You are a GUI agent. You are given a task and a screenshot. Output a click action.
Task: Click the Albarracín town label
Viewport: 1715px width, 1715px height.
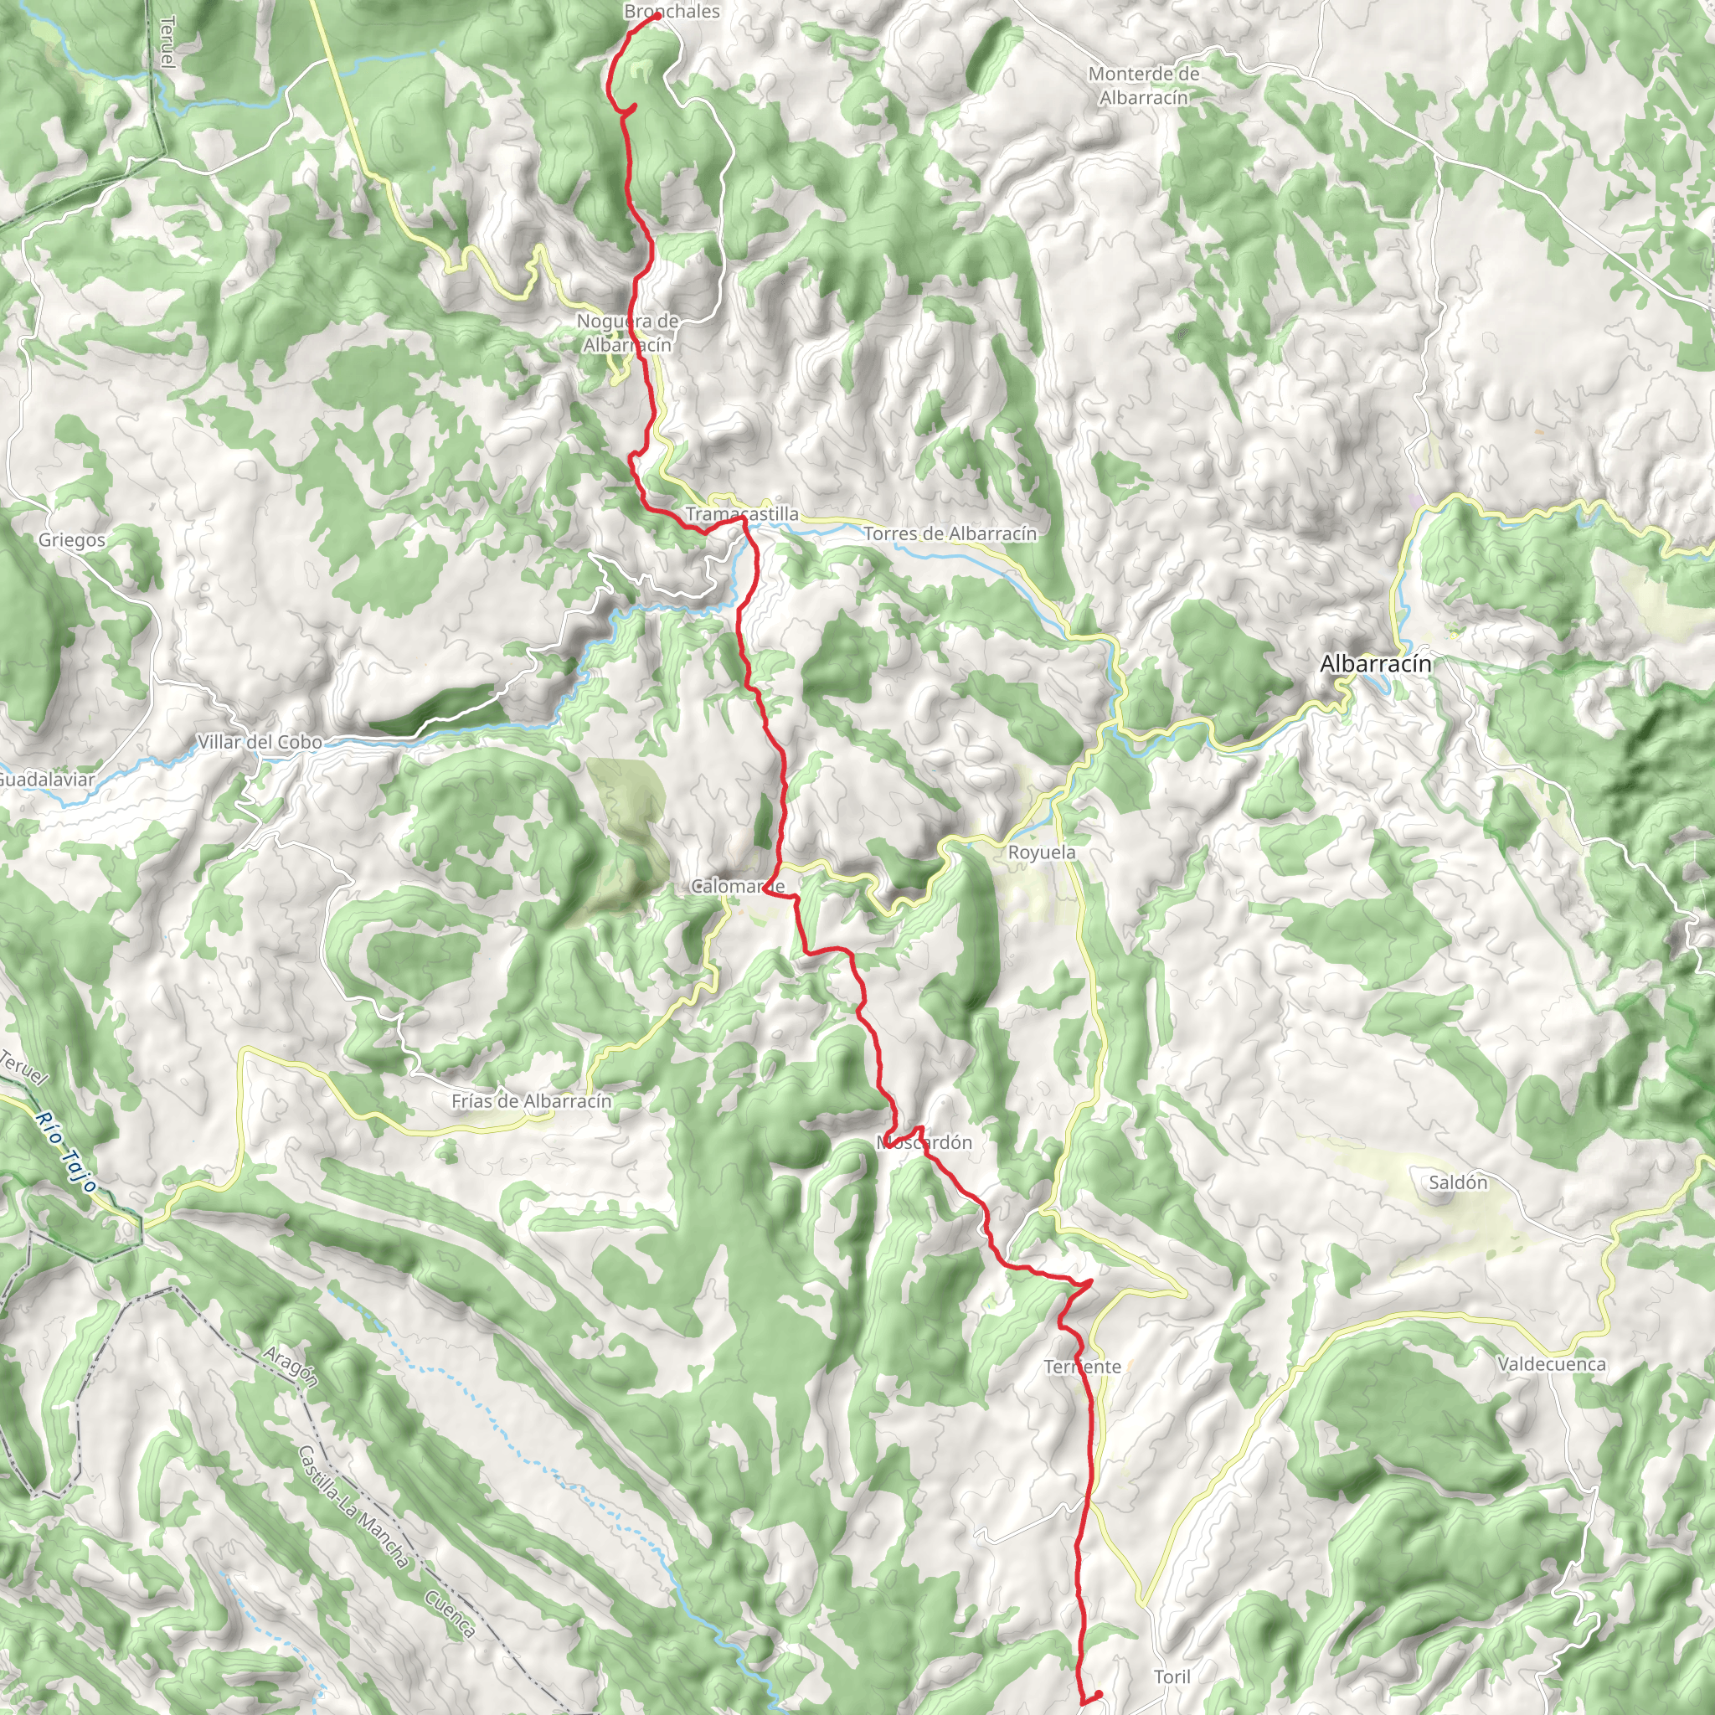tap(1375, 664)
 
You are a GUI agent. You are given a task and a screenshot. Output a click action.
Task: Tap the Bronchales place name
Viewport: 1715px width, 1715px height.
tap(672, 12)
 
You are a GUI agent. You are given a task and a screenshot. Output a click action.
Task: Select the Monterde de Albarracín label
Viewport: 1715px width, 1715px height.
tap(1143, 86)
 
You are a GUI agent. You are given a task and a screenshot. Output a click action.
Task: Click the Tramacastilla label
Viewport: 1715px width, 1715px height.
tap(742, 514)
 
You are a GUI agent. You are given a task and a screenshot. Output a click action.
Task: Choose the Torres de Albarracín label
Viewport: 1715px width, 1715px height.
tap(950, 533)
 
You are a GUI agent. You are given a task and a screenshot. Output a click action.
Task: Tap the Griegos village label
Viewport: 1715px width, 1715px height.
tap(72, 541)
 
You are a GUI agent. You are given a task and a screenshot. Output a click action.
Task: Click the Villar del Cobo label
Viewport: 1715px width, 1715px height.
tap(260, 742)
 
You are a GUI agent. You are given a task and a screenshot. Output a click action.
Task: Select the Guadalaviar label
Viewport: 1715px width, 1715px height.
tap(46, 780)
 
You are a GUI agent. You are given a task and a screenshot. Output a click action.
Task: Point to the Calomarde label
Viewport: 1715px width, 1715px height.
tap(738, 886)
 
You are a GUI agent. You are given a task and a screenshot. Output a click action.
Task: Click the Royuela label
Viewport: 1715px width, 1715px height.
tap(1042, 852)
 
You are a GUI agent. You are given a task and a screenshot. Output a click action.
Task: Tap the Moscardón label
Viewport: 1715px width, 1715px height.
tap(925, 1142)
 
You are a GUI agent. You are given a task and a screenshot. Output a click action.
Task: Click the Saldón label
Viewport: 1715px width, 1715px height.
tap(1459, 1182)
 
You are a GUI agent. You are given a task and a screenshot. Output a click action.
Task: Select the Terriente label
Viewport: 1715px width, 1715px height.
tap(1083, 1367)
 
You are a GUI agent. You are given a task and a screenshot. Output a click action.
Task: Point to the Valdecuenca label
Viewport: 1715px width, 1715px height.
tap(1552, 1364)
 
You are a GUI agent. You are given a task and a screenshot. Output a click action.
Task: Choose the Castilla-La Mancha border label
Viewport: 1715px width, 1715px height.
tap(353, 1506)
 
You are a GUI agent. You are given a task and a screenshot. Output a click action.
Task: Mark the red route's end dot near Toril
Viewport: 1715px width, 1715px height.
tap(1097, 1695)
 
